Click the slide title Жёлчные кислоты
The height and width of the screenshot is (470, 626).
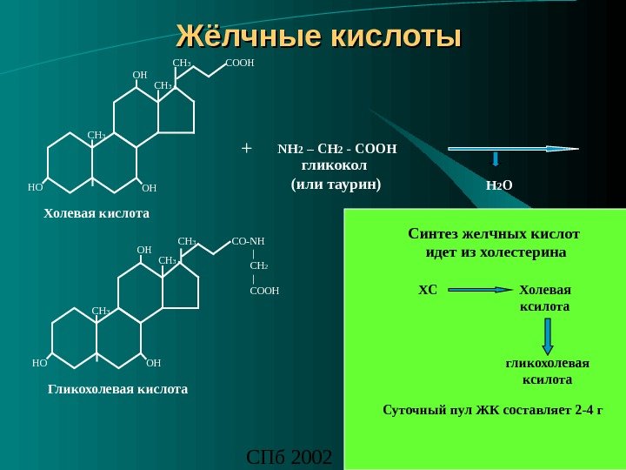319,37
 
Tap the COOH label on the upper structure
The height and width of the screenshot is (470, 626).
239,64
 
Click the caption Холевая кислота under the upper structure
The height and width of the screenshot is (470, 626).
97,213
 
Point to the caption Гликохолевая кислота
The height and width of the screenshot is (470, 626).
117,389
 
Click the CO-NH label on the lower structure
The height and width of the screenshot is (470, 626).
249,241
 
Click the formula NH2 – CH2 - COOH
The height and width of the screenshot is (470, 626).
336,149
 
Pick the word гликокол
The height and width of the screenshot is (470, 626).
334,164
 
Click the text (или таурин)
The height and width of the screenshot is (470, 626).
336,185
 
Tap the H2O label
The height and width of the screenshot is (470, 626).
499,185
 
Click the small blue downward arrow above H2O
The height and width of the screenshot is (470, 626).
496,158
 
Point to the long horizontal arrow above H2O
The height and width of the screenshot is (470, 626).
513,149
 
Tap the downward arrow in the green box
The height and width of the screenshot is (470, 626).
547,336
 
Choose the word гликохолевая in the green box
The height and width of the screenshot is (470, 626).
548,363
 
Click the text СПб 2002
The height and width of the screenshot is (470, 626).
290,456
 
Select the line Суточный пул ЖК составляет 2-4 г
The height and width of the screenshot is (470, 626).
493,409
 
